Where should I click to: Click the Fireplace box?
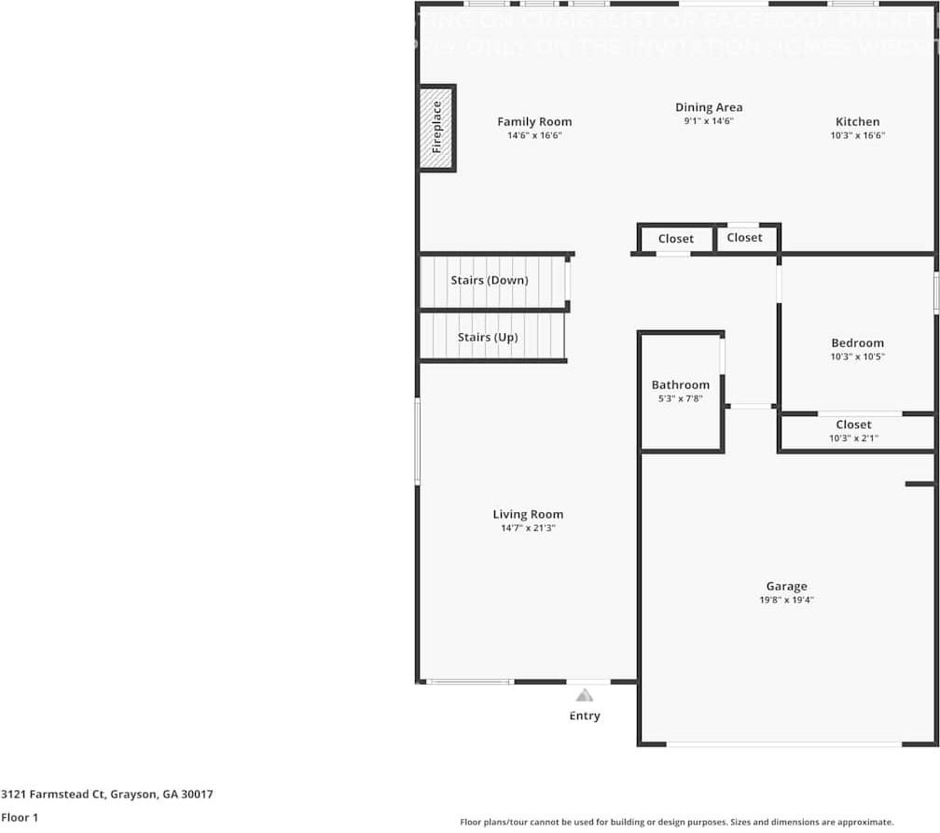(436, 128)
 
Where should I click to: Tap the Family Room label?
(534, 121)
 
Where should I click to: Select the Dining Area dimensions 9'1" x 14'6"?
(709, 121)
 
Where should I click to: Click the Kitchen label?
(857, 121)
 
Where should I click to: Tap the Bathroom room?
(681, 392)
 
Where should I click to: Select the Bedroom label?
(857, 342)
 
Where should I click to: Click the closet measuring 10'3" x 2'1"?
(854, 432)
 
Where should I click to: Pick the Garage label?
(786, 586)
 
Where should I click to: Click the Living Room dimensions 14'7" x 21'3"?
(528, 528)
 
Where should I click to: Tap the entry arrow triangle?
(584, 695)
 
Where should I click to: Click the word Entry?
(585, 715)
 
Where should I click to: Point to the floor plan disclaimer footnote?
(676, 822)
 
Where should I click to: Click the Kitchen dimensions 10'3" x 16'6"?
(857, 135)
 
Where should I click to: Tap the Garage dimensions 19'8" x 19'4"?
(786, 601)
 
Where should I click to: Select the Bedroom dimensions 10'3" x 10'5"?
(857, 356)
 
